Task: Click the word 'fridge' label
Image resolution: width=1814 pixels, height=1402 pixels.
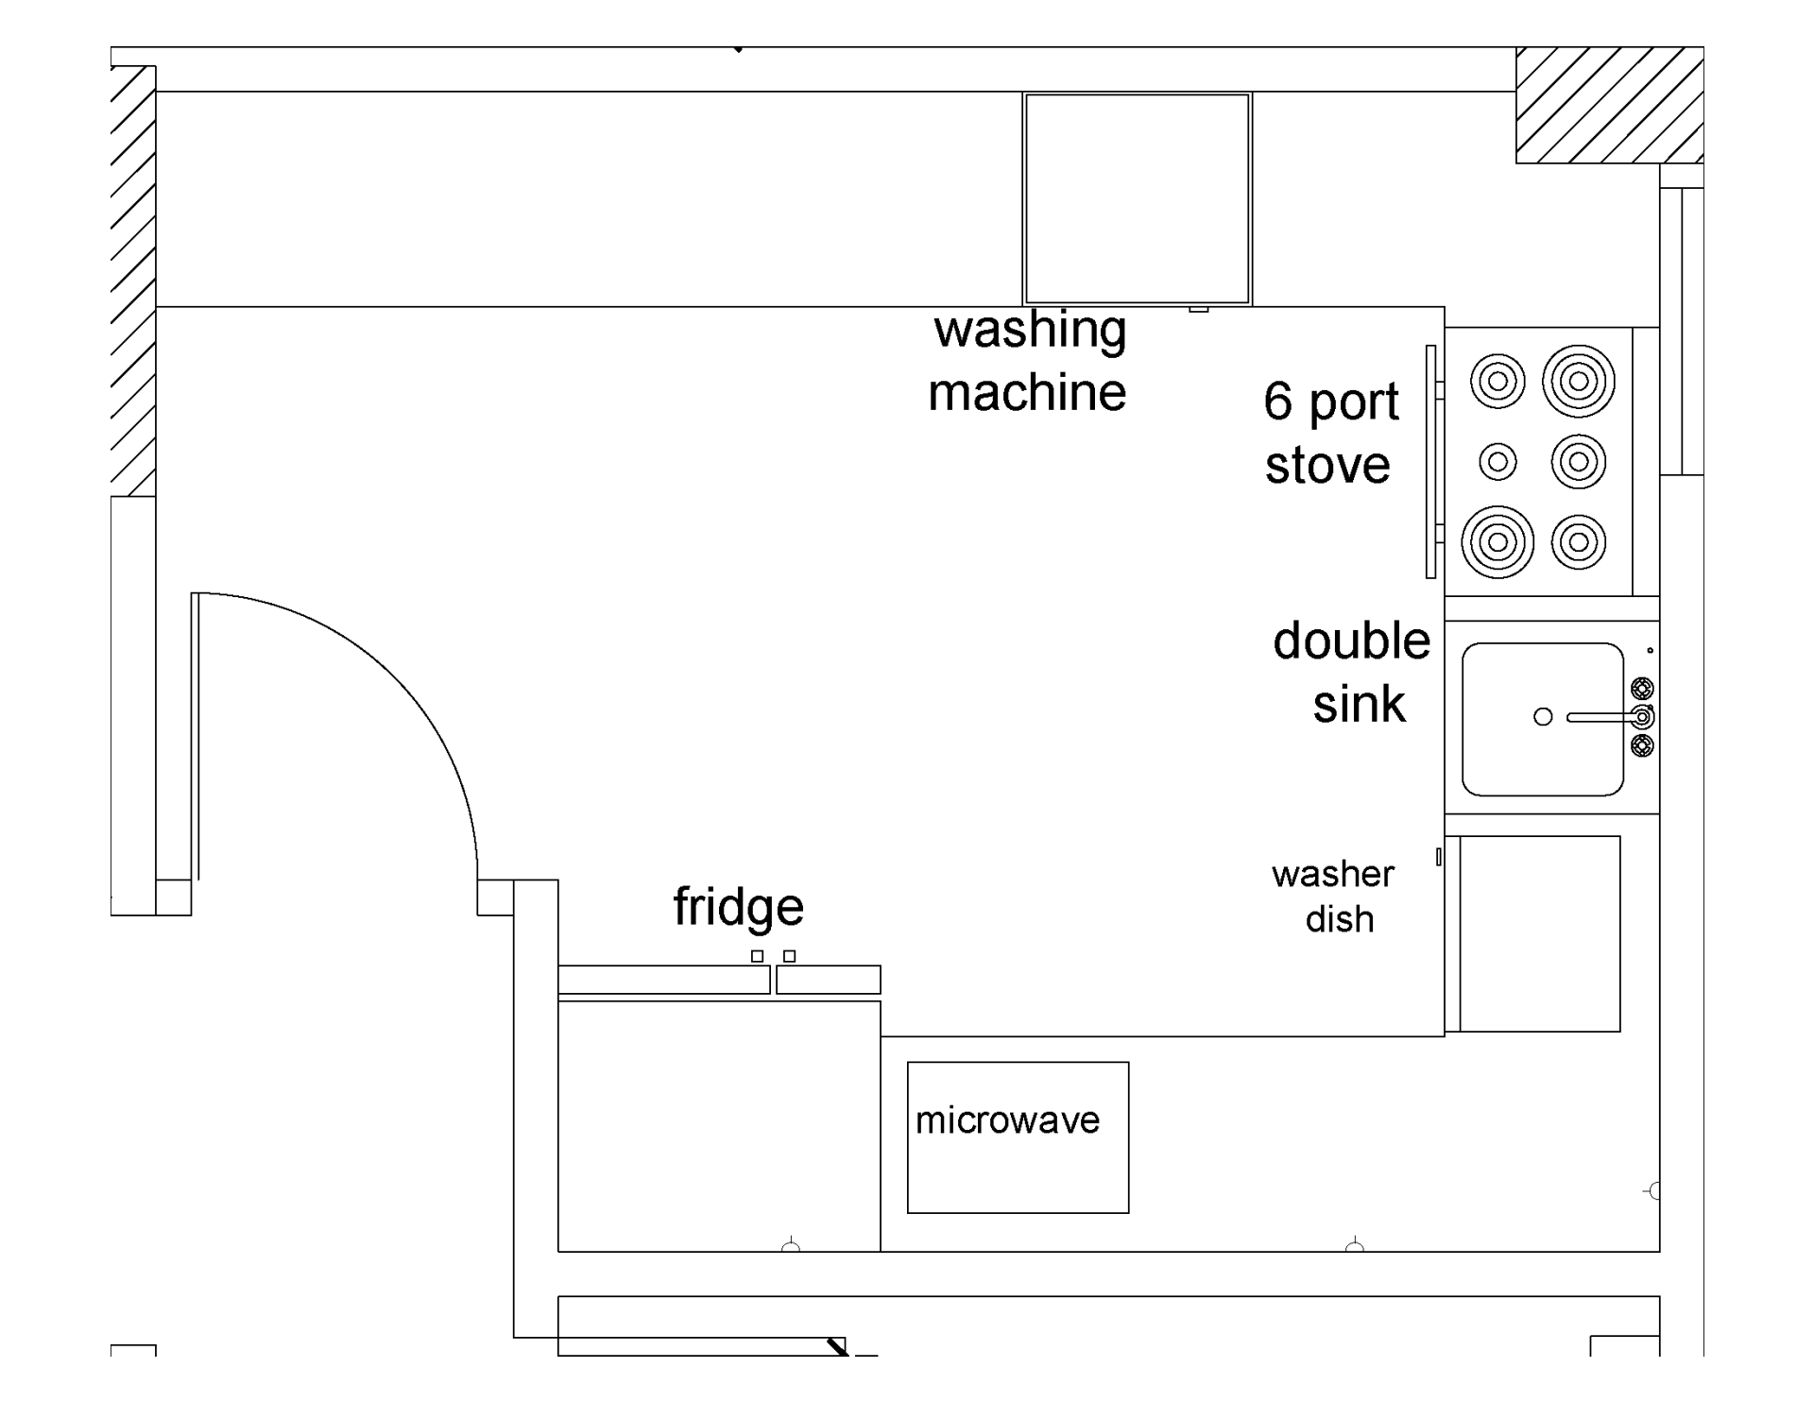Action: point(738,907)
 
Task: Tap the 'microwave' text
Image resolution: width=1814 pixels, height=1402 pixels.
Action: point(1007,1120)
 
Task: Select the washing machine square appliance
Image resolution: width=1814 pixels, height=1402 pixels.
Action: point(1137,198)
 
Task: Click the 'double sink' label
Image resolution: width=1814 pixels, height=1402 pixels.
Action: point(1353,673)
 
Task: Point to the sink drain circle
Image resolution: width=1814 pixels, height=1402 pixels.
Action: point(1543,717)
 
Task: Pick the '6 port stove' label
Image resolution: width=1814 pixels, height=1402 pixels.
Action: point(1330,433)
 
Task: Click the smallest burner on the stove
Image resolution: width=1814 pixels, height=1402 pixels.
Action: point(1497,462)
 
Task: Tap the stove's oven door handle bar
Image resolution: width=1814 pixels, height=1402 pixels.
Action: point(1431,462)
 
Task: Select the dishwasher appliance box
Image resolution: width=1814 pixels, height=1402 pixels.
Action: point(1539,933)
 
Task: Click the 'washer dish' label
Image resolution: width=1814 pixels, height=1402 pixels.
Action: point(1334,896)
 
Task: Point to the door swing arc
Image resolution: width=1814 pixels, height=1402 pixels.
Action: point(397,679)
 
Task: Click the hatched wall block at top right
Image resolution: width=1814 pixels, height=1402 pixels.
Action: point(1609,105)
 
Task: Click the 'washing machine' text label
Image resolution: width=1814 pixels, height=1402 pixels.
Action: point(1028,361)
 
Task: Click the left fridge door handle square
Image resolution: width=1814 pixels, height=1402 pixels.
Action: point(757,956)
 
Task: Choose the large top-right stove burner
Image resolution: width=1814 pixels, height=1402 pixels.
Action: point(1578,382)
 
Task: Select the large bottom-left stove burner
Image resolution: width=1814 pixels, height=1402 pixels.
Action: point(1497,542)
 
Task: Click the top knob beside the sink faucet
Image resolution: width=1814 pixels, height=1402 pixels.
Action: point(1643,688)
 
